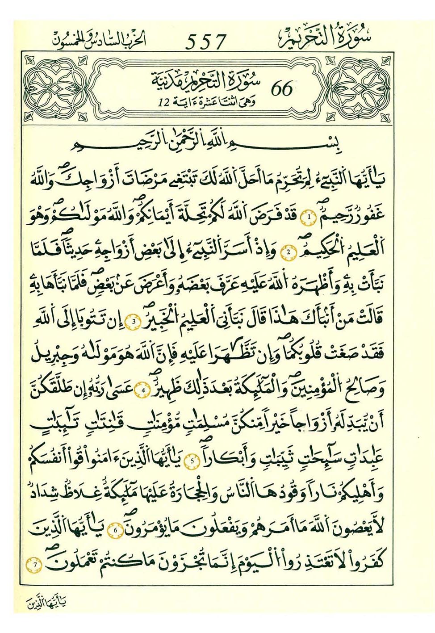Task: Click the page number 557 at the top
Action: pyautogui.click(x=206, y=42)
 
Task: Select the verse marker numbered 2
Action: pyautogui.click(x=289, y=253)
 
